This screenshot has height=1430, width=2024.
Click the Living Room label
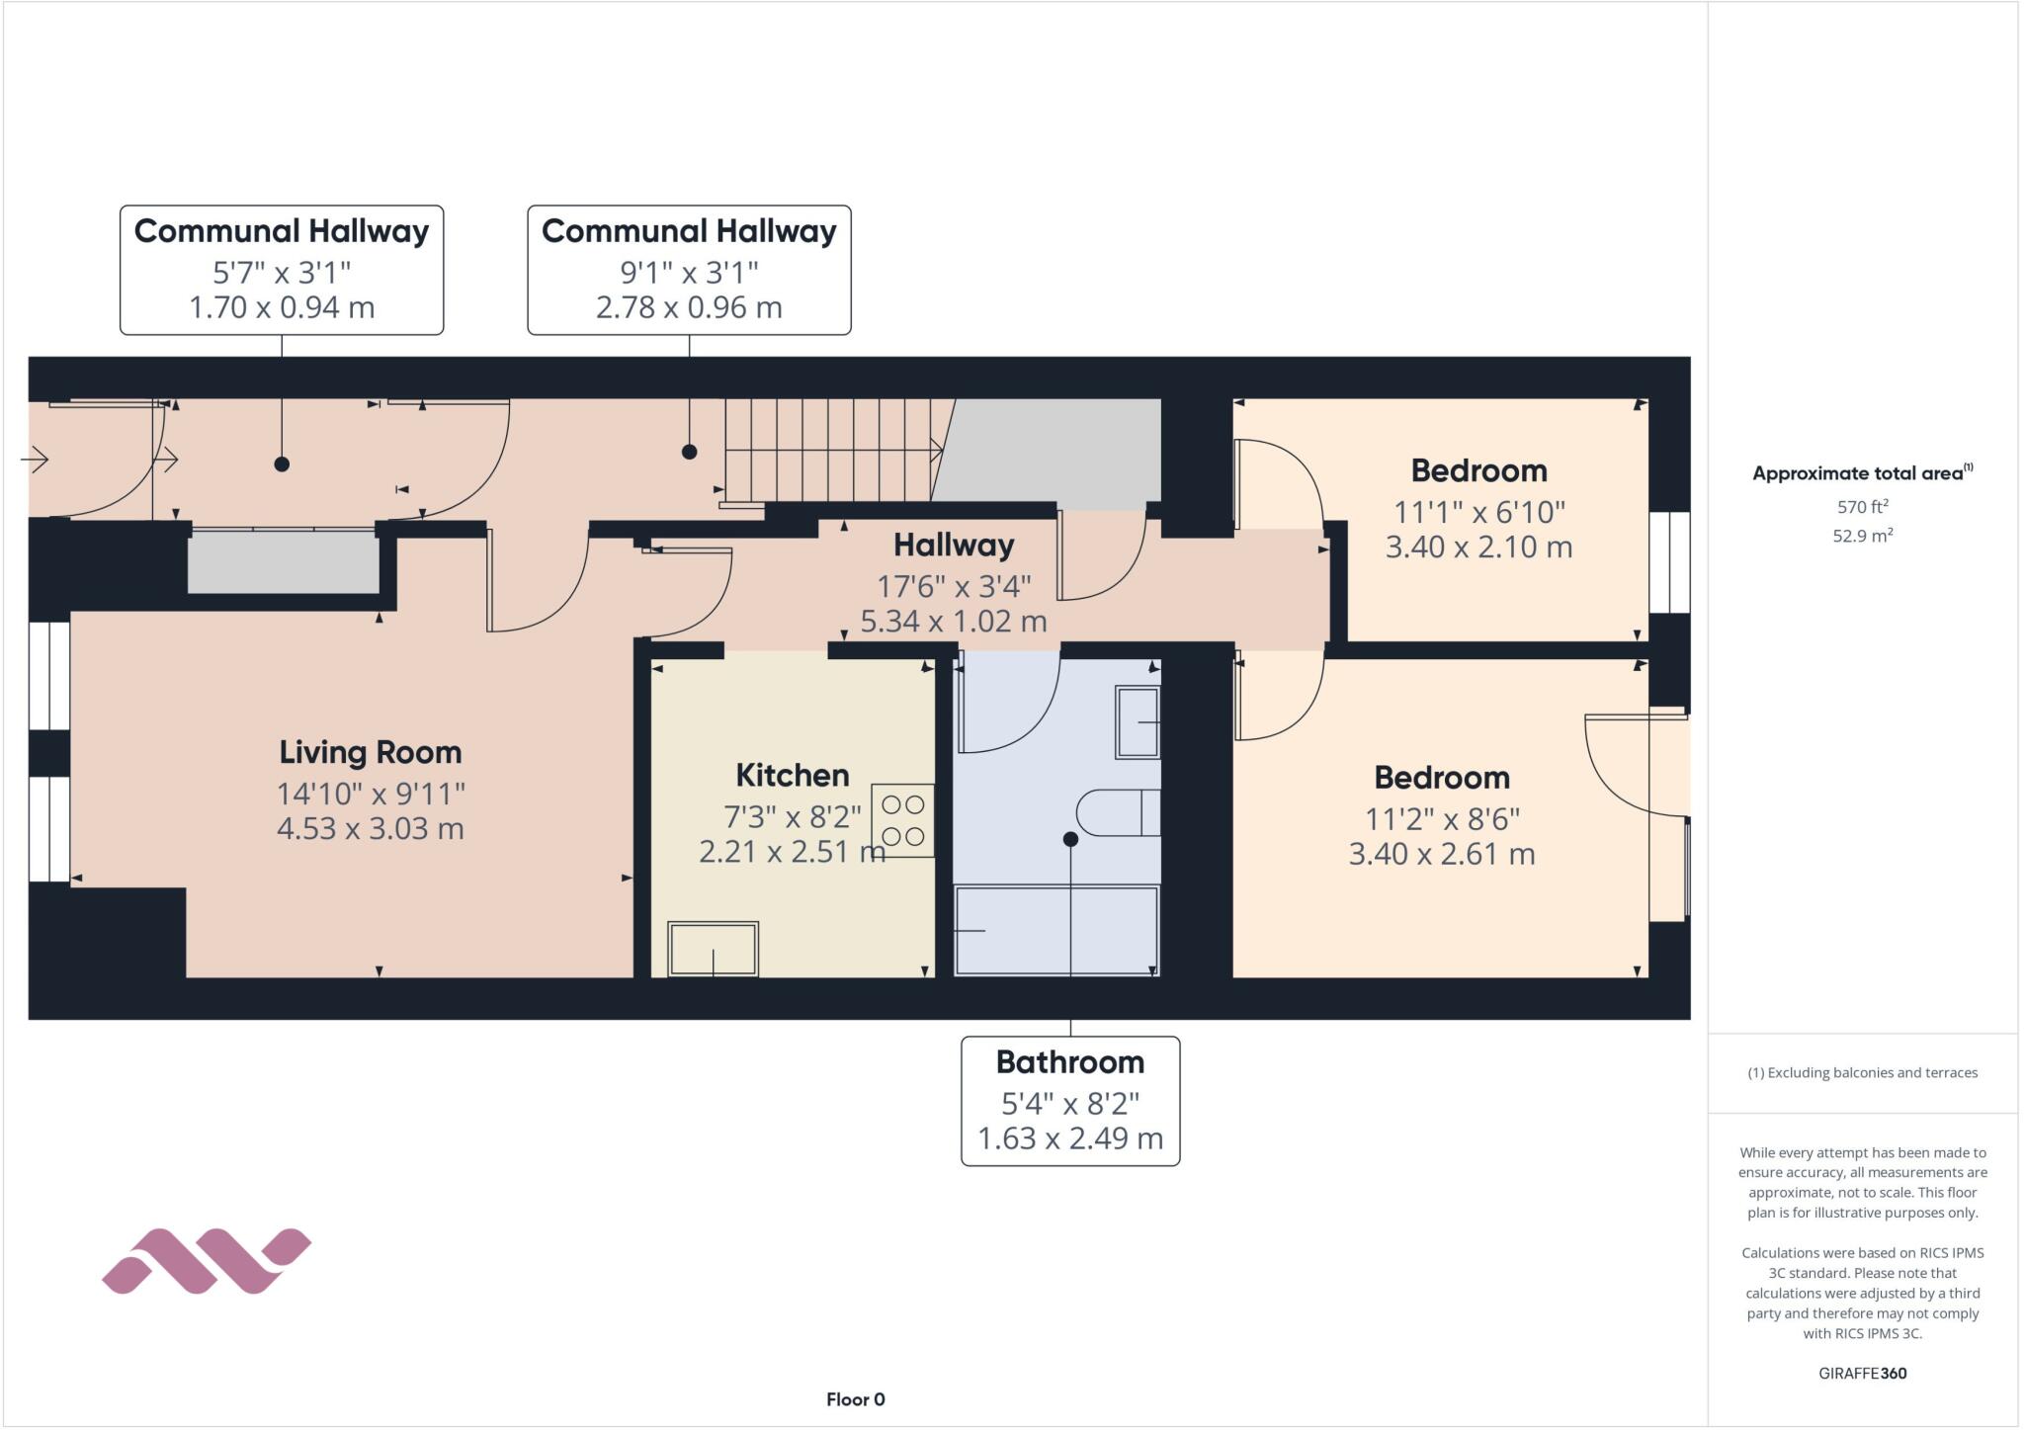click(370, 753)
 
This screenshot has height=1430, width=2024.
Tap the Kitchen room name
click(792, 775)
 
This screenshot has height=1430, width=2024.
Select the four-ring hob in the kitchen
click(902, 820)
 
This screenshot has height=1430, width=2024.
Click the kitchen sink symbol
click(713, 949)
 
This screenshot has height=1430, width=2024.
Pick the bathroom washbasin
click(1138, 722)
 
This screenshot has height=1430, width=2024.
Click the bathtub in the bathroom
click(1055, 930)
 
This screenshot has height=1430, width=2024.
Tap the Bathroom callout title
click(1069, 1062)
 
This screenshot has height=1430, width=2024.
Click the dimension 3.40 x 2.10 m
click(1477, 547)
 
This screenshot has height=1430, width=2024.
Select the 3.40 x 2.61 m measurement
click(1441, 854)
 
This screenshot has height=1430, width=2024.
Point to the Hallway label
click(954, 546)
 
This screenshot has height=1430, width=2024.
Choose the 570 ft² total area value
click(1862, 507)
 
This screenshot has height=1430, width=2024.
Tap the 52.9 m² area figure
click(1862, 536)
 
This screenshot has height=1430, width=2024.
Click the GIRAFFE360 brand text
click(1862, 1373)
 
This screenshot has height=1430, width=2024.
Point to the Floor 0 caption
click(855, 1399)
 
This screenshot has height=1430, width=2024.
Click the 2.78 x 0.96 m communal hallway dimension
click(688, 307)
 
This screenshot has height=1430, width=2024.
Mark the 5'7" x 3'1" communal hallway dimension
click(282, 272)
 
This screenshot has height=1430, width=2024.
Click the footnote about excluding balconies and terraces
click(1862, 1072)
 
